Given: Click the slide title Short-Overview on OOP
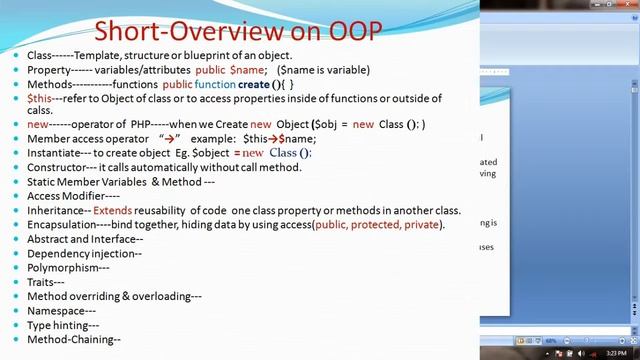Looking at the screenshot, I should click(237, 30).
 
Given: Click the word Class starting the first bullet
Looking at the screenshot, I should click(39, 55).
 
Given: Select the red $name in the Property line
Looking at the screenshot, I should click(248, 70).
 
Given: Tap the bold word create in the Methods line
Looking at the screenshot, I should click(254, 85).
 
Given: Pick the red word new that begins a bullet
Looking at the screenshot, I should click(37, 124).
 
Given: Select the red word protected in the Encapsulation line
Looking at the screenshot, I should click(376, 225).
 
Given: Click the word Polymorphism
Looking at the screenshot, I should click(64, 268).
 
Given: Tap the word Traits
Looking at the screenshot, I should click(41, 282).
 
